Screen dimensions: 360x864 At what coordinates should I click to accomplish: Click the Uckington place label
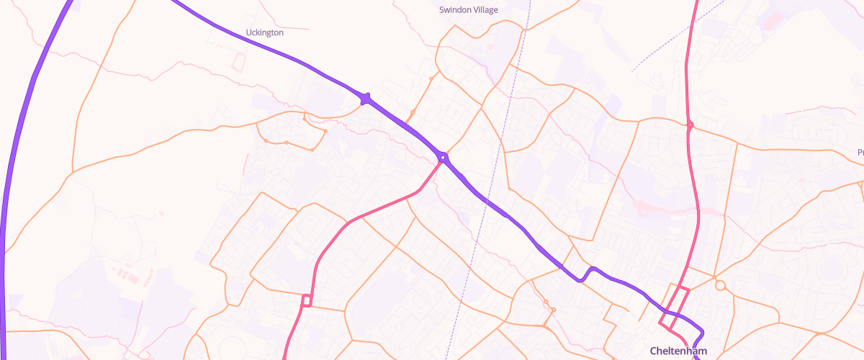pyautogui.click(x=265, y=32)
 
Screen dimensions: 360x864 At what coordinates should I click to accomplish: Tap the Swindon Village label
pyautogui.click(x=469, y=10)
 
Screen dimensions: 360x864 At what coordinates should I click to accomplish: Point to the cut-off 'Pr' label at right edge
pyautogui.click(x=860, y=152)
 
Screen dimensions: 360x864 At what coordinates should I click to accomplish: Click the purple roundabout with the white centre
pyautogui.click(x=443, y=157)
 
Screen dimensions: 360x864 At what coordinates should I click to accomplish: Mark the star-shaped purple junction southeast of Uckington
pyautogui.click(x=366, y=99)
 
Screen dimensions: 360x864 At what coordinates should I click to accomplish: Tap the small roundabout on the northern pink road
pyautogui.click(x=690, y=125)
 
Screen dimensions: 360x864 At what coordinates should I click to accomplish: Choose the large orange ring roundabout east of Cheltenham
pyautogui.click(x=720, y=286)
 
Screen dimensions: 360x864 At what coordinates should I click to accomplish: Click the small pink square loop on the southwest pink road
pyautogui.click(x=306, y=300)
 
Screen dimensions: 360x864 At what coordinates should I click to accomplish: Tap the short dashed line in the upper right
pyautogui.click(x=677, y=36)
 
